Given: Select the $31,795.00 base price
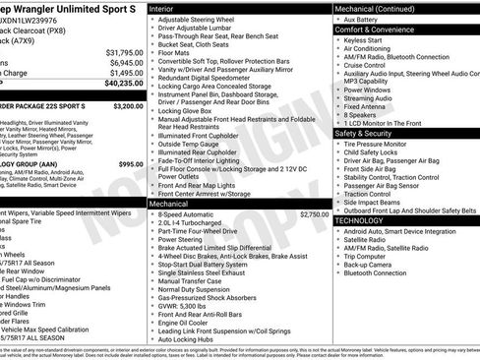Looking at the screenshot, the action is (123, 52).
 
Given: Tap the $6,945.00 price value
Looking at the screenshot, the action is (124, 62).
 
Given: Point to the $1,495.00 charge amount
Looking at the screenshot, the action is (124, 73).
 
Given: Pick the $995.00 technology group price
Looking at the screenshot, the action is (130, 163).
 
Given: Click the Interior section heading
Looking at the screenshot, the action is (161, 8).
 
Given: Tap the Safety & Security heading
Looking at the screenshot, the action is (365, 132).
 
